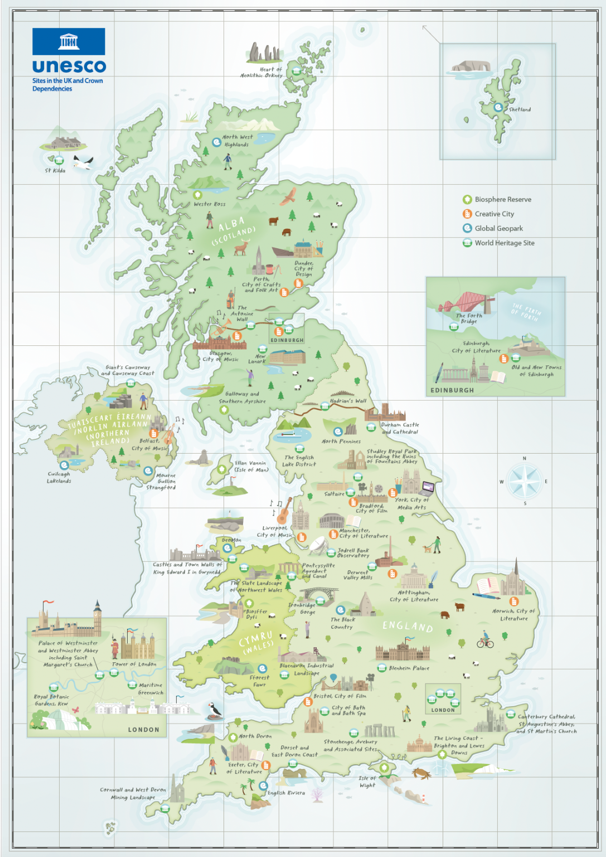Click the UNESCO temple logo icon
(x=69, y=41)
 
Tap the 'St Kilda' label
(x=55, y=171)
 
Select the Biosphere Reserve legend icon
(x=467, y=200)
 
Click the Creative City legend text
(x=494, y=214)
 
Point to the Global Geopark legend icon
(x=467, y=228)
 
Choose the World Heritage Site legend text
(x=504, y=243)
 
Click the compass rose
(x=524, y=481)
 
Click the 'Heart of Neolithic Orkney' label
(x=262, y=73)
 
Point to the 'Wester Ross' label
(x=210, y=204)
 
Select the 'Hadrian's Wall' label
(x=348, y=401)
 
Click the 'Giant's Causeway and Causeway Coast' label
(x=128, y=370)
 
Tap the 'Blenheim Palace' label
(x=409, y=668)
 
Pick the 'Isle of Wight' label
(x=367, y=782)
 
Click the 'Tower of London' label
(x=134, y=665)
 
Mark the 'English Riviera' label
(x=286, y=793)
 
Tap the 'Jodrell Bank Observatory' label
(x=353, y=553)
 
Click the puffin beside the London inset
(x=214, y=710)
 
